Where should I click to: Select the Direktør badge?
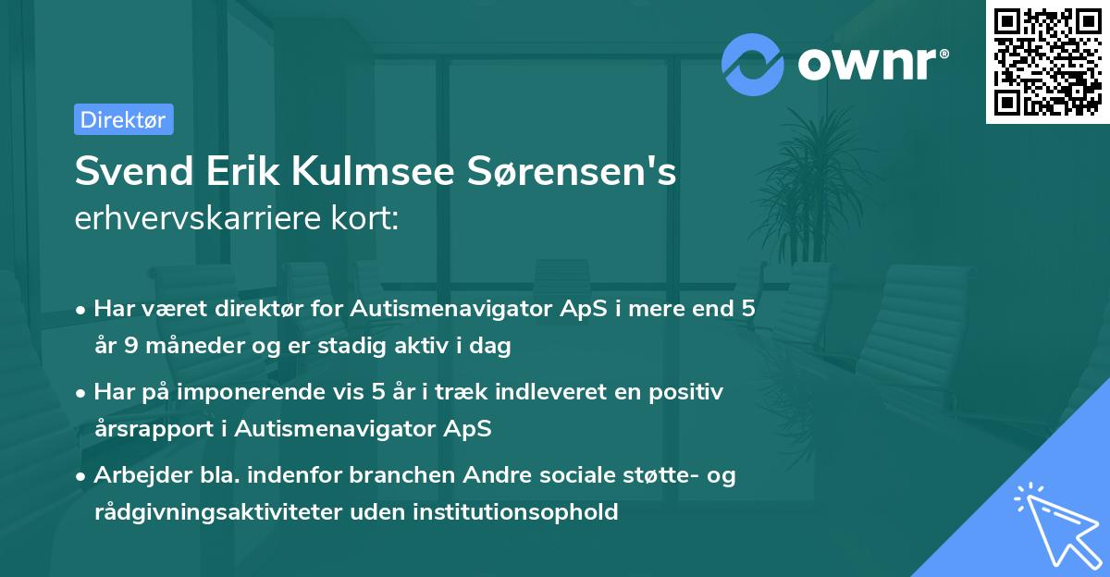coord(123,119)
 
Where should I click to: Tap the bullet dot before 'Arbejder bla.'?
coord(82,476)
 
